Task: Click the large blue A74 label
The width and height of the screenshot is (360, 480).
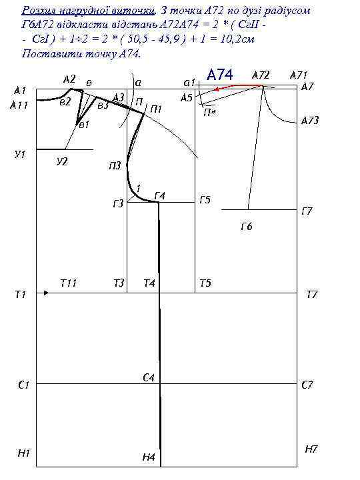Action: (x=220, y=75)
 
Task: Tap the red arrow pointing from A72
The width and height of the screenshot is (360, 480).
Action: (x=238, y=87)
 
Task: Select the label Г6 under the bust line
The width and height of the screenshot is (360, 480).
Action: (x=247, y=227)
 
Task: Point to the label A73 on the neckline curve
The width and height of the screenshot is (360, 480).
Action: (x=310, y=120)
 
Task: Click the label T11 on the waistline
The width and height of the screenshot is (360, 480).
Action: (x=68, y=283)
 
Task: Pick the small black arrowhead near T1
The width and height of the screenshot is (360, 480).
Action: (x=46, y=293)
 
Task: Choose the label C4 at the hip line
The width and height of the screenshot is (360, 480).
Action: (x=149, y=377)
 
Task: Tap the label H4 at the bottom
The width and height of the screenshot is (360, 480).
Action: (x=149, y=457)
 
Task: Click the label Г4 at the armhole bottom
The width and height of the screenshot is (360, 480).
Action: (x=160, y=195)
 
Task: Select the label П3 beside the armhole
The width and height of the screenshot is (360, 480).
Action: (x=115, y=166)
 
